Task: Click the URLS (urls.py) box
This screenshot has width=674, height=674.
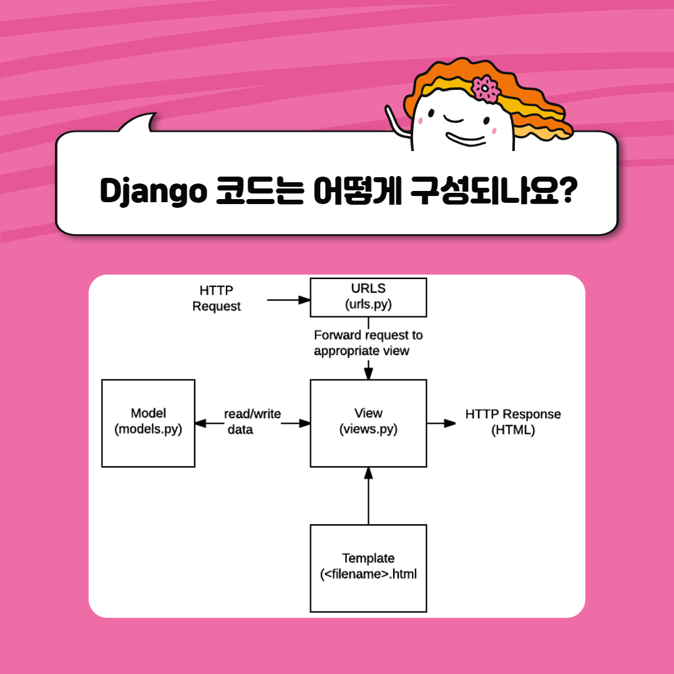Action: (368, 297)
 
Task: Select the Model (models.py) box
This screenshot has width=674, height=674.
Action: (148, 422)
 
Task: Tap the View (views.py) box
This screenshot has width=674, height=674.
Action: (368, 422)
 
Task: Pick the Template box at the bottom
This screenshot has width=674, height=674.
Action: (368, 567)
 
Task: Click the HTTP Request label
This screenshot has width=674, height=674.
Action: (216, 298)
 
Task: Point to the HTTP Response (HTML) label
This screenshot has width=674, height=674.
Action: (513, 422)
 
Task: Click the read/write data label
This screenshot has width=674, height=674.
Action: (252, 422)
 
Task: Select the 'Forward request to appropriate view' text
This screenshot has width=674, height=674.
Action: (368, 343)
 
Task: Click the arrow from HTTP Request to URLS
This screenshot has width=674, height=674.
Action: (288, 300)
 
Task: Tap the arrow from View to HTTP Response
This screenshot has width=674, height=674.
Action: (442, 423)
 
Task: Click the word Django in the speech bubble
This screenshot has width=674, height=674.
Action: (153, 193)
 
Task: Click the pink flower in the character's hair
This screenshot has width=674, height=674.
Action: (485, 89)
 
